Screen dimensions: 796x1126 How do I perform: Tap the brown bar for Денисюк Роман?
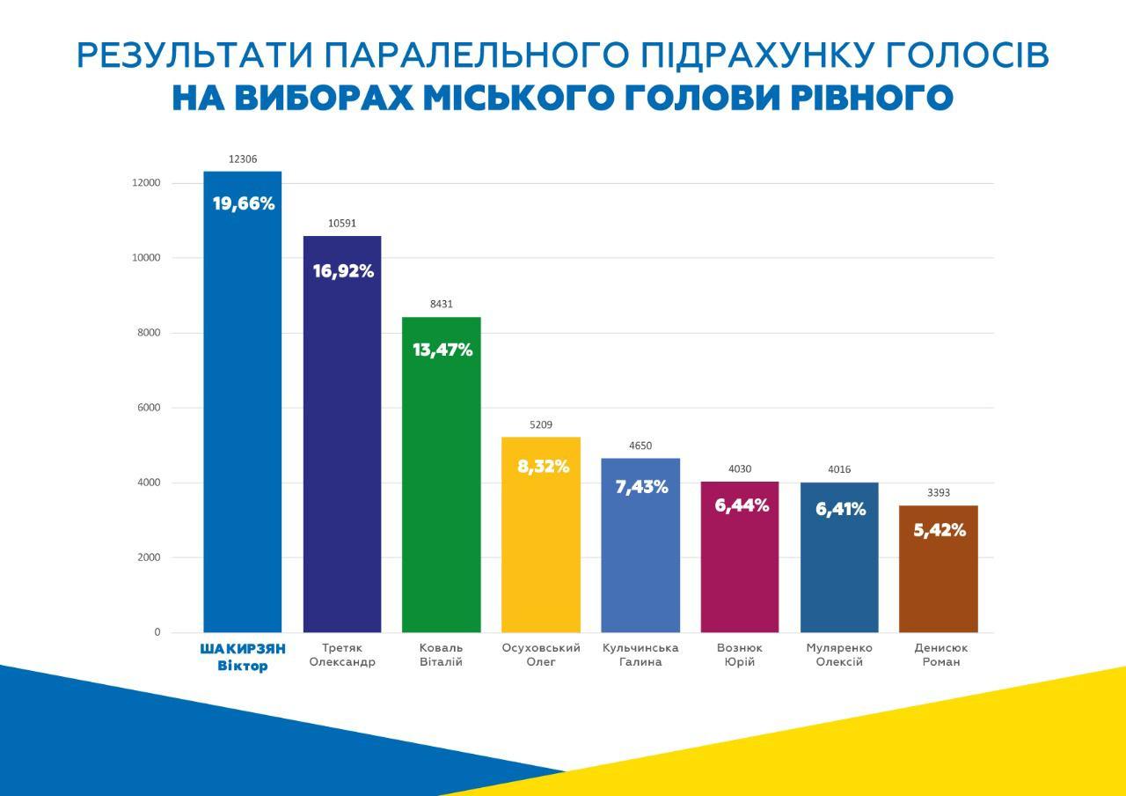pos(939,581)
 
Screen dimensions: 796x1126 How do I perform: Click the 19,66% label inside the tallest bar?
pos(244,204)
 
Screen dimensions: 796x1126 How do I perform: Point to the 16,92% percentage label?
pos(343,271)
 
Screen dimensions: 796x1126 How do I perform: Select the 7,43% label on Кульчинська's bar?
pos(641,487)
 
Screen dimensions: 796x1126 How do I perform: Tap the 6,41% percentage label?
pos(840,509)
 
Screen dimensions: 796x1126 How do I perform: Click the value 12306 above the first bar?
pos(243,159)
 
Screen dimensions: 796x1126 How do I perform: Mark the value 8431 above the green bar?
pos(442,304)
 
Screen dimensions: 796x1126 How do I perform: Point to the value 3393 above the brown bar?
pos(939,493)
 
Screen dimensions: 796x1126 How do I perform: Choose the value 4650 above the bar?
pos(640,446)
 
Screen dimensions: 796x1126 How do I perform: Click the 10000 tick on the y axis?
pos(146,258)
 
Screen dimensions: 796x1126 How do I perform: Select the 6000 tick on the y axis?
pos(149,408)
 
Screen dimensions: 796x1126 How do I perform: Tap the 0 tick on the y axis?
pos(157,632)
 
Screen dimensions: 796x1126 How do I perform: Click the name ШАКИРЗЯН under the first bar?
pos(243,649)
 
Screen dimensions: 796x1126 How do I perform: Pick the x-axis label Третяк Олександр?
pos(342,655)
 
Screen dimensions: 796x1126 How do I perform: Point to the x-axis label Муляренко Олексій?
pos(839,655)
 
